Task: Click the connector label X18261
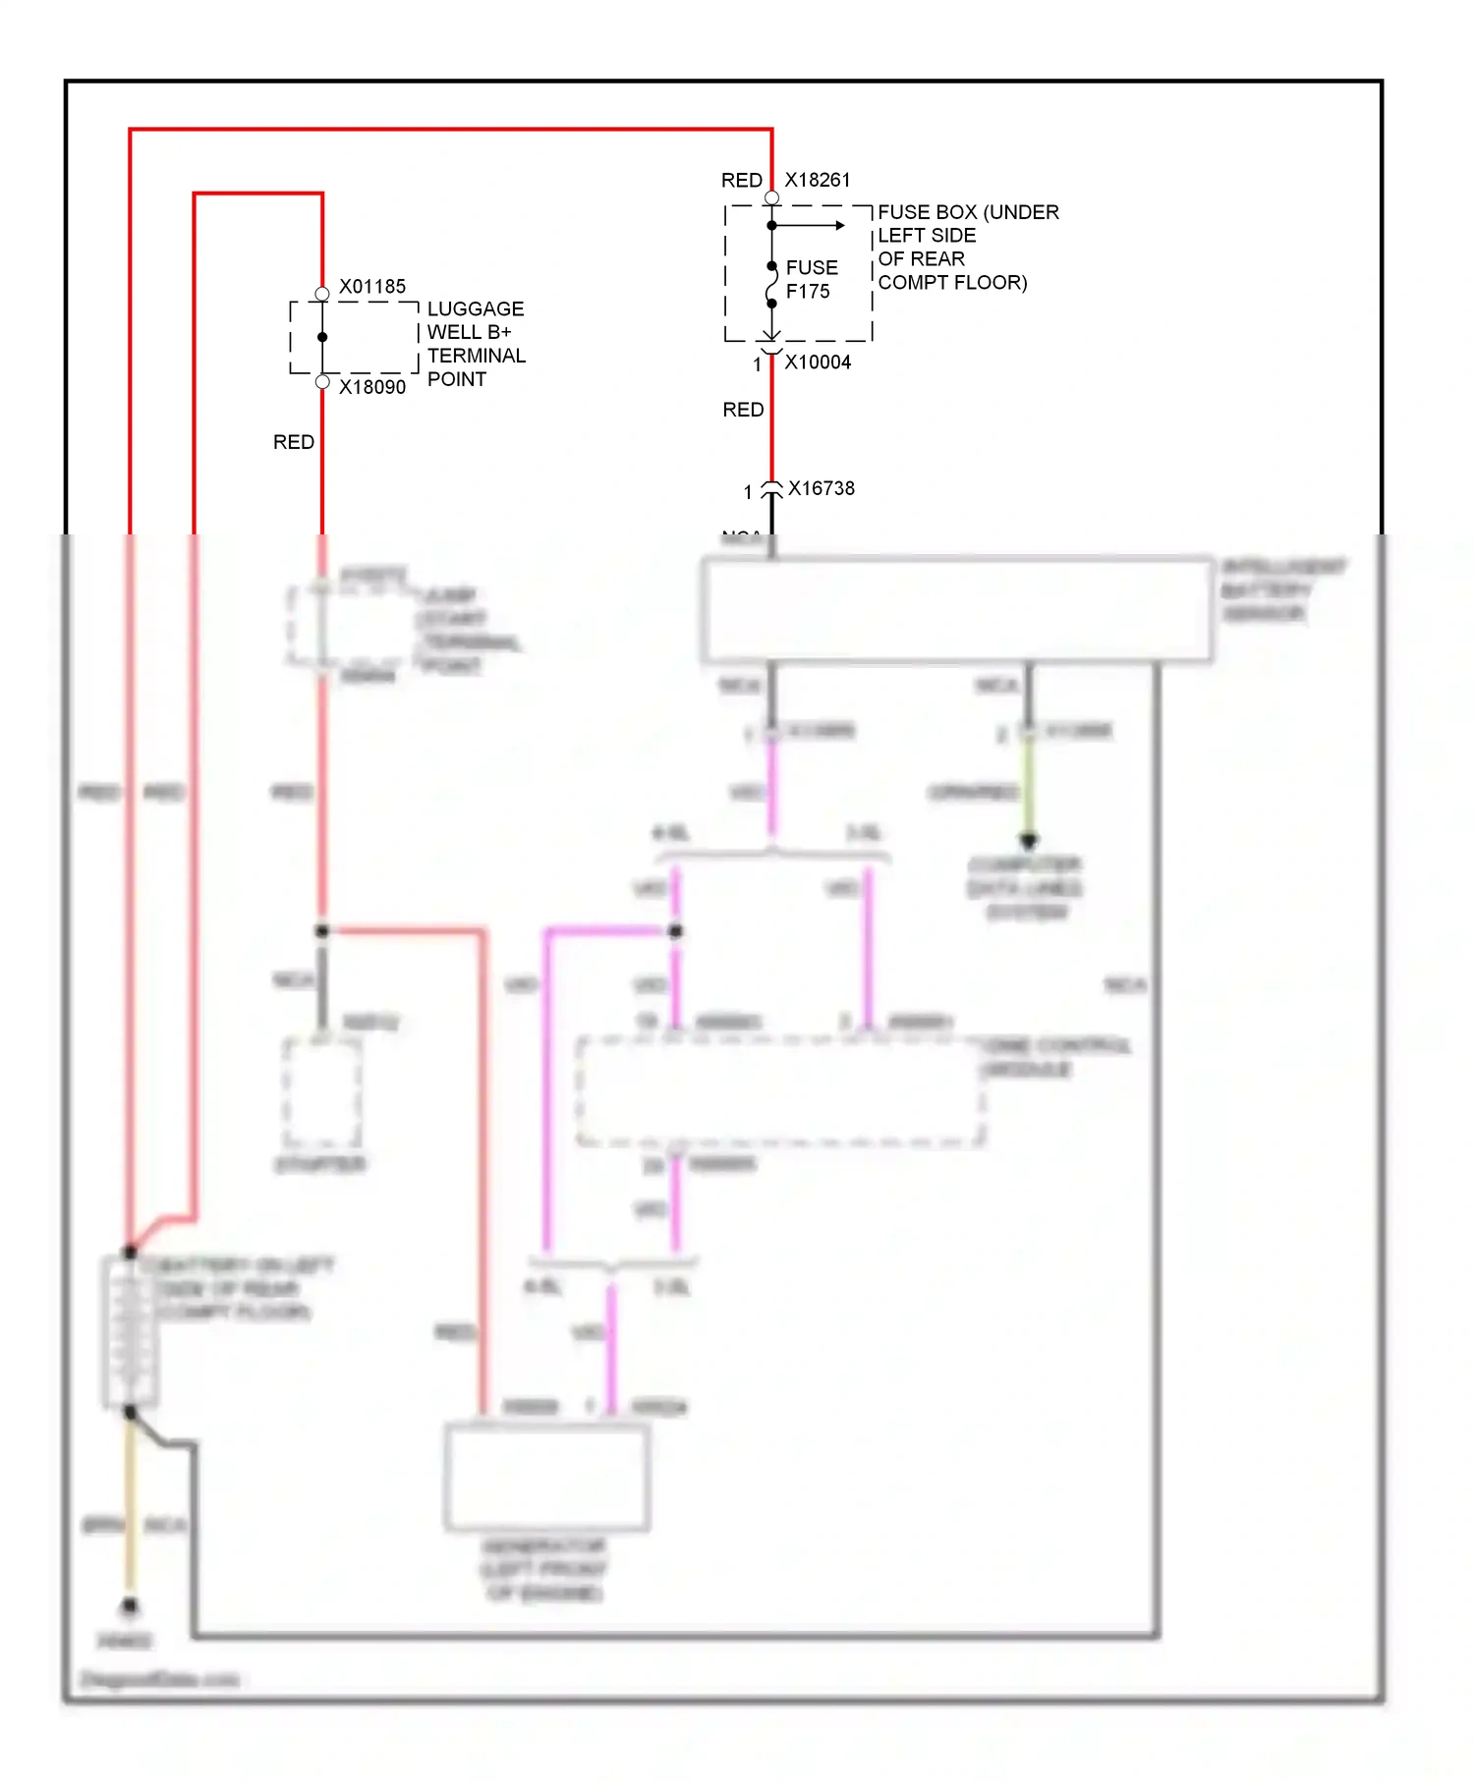pos(817,180)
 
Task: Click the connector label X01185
pos(371,287)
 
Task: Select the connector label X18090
pos(371,387)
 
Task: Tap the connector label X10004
pos(817,362)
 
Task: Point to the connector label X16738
pos(821,488)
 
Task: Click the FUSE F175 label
pos(811,280)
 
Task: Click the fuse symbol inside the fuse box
pos(771,286)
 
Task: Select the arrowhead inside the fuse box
pos(839,226)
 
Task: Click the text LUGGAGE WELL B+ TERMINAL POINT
pos(476,344)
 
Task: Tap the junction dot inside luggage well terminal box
pos(322,337)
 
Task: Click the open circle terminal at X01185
pos(322,294)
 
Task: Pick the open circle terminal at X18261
pos(771,198)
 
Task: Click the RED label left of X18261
pos(741,181)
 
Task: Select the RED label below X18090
pos(293,443)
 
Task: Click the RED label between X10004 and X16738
pos(742,411)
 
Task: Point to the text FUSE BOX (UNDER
pos(967,212)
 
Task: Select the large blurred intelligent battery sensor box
pos(956,610)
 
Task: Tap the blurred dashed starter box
pos(321,1092)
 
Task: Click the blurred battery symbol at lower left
pos(129,1333)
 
